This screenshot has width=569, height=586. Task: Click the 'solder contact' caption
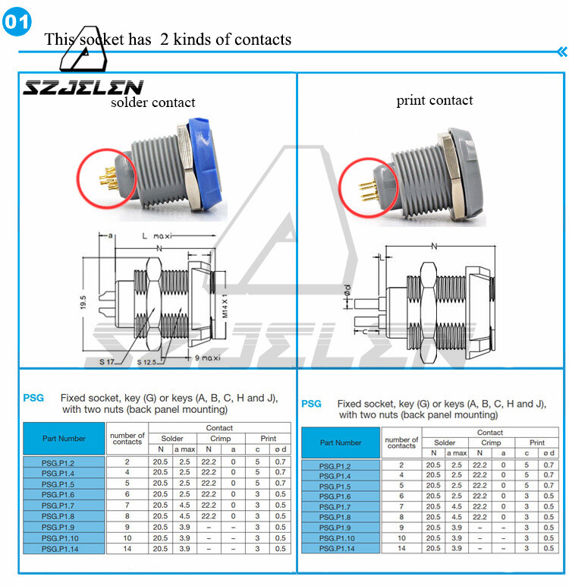[152, 102]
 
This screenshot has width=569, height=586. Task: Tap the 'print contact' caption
[434, 100]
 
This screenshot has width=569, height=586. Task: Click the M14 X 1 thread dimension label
[225, 301]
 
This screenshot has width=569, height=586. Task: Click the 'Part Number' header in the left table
[64, 439]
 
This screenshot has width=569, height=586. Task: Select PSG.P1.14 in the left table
[64, 549]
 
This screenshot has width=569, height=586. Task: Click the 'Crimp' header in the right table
[492, 443]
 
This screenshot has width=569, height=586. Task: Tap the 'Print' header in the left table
[268, 439]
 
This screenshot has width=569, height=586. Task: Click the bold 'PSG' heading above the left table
[33, 398]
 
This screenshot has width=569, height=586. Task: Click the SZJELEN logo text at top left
[82, 88]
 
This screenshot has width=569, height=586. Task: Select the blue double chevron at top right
[561, 52]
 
